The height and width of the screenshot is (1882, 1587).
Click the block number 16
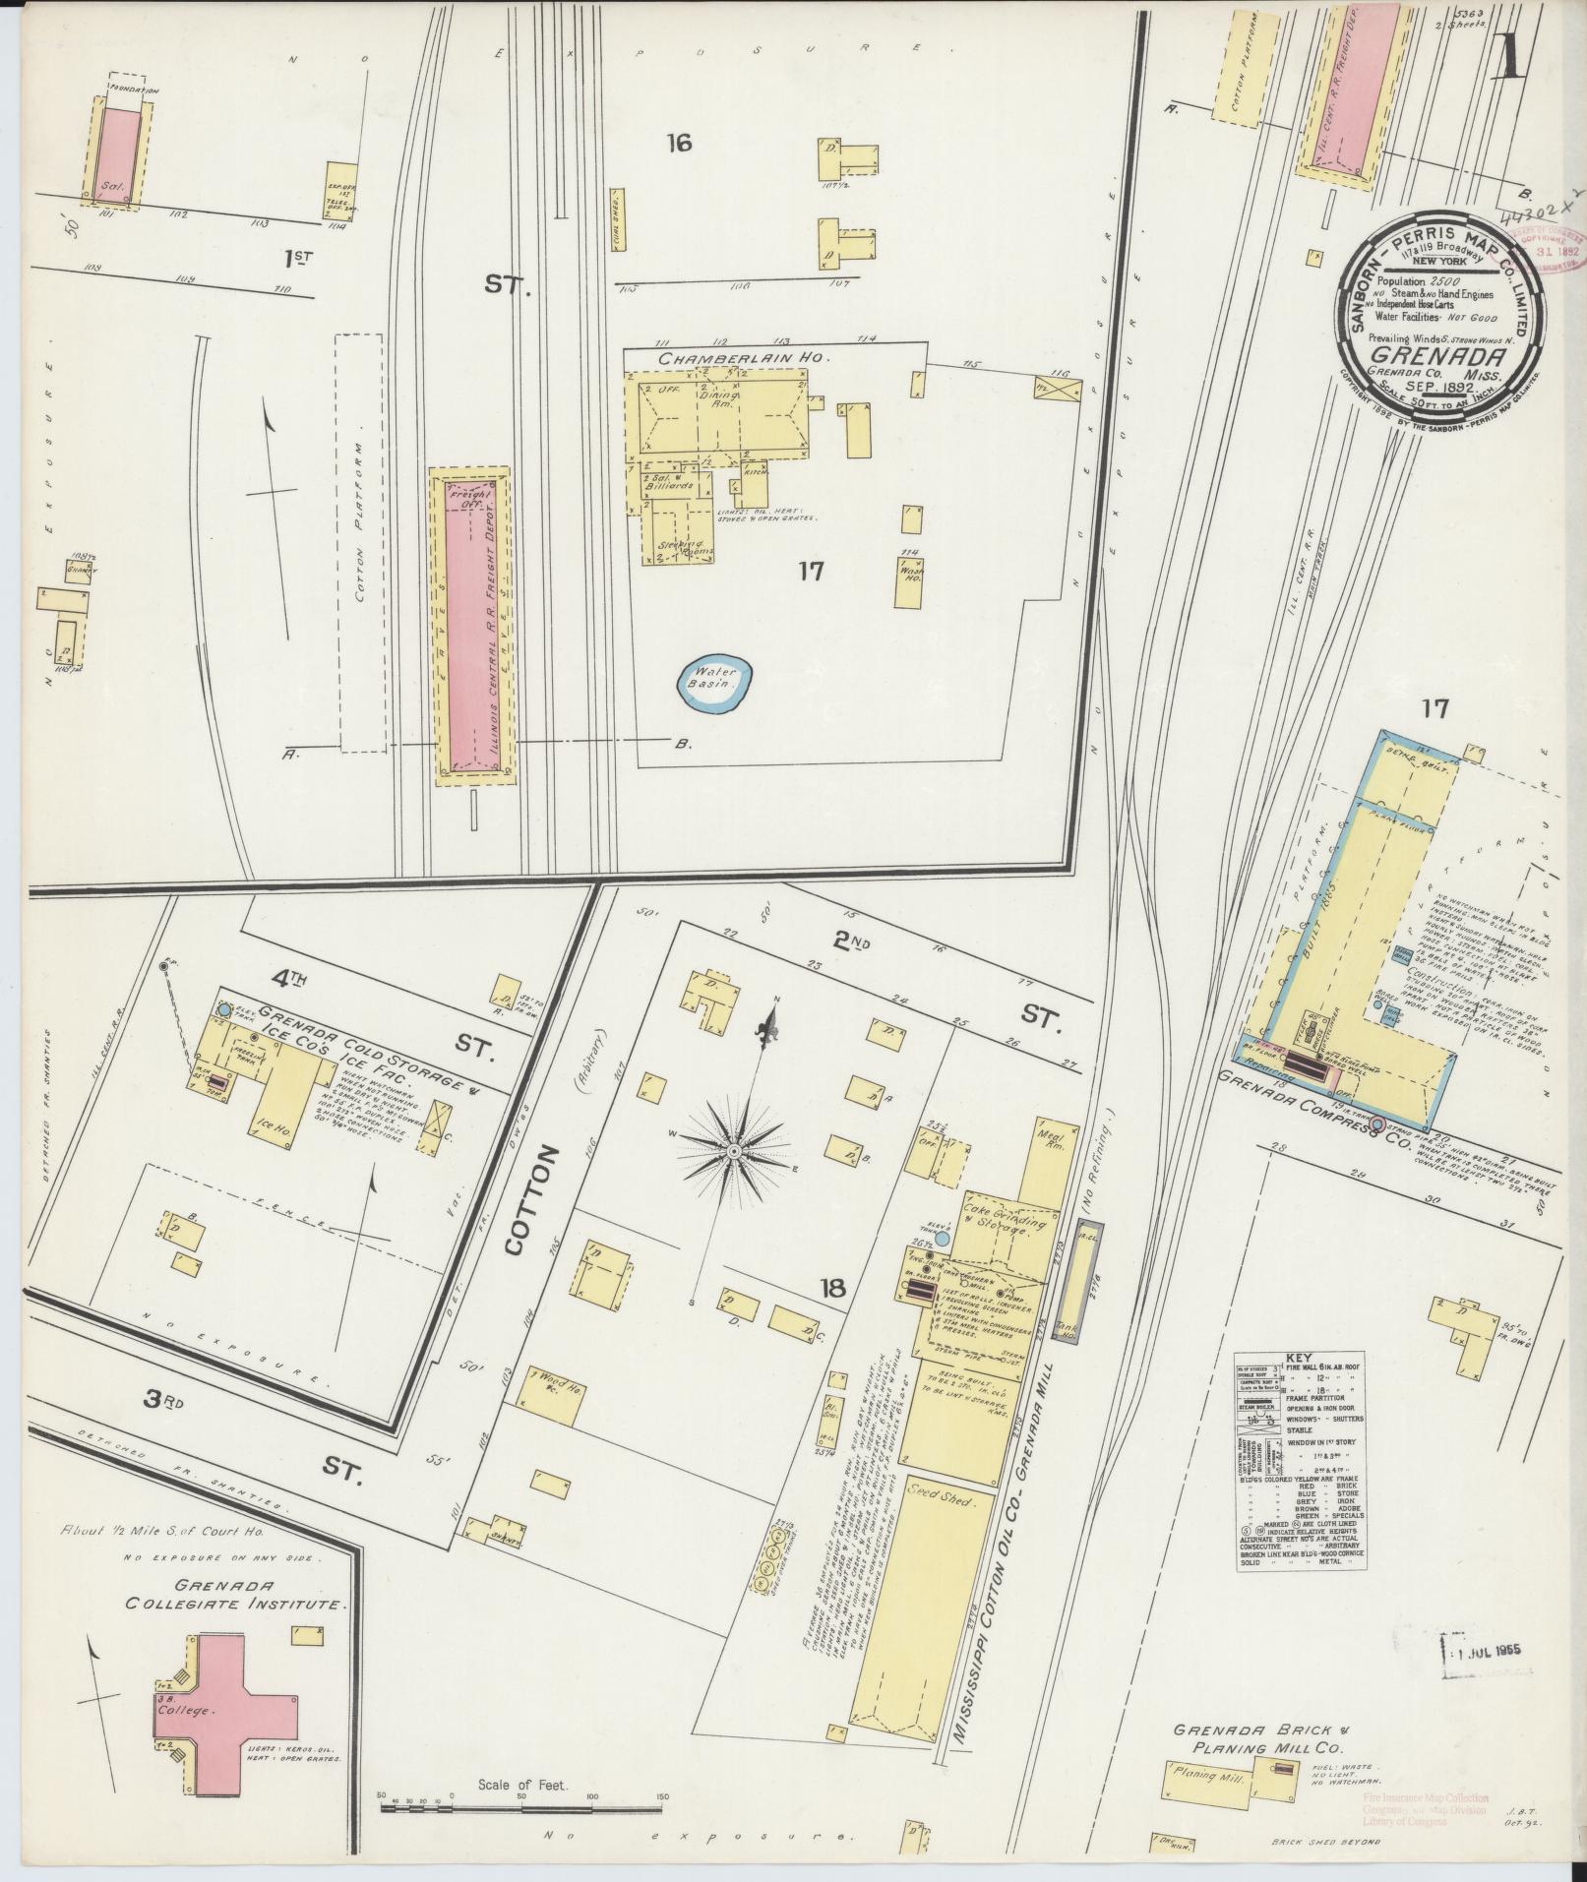click(678, 144)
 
